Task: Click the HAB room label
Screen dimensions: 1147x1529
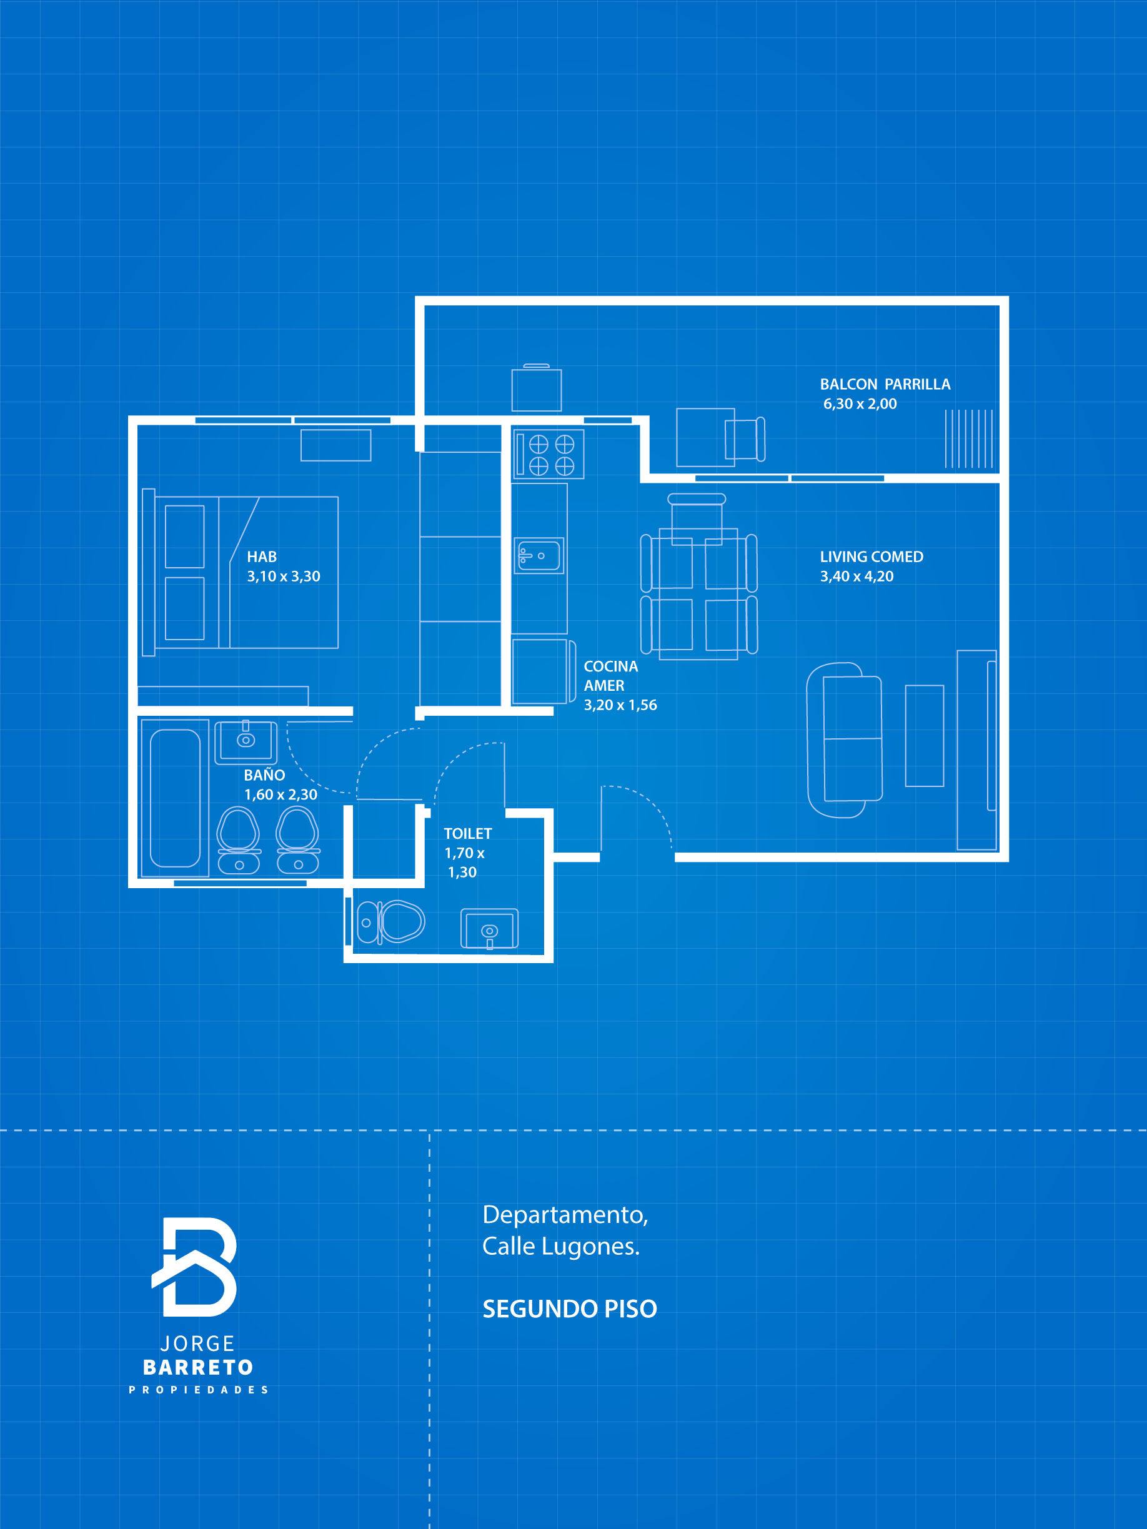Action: [x=261, y=557]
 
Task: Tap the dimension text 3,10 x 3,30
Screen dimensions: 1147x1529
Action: [x=284, y=576]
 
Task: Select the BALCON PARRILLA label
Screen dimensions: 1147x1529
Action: [x=885, y=384]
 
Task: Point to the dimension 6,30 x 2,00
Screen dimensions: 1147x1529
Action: [x=860, y=403]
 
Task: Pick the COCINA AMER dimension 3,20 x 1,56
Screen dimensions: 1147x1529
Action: [x=620, y=705]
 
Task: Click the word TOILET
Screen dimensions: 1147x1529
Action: [x=468, y=834]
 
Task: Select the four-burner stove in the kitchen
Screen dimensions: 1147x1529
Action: [x=549, y=455]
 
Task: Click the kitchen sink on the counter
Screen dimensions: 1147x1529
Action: [x=539, y=556]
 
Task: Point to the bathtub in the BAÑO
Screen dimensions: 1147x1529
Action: [x=175, y=798]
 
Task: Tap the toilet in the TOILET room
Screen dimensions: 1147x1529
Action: [x=390, y=922]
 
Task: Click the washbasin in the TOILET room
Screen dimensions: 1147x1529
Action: [x=490, y=929]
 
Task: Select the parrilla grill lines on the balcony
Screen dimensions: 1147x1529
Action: [x=968, y=439]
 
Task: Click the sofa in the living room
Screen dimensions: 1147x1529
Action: [x=845, y=740]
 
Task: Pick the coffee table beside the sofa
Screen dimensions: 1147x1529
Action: [x=925, y=736]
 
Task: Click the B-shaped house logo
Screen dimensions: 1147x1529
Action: [x=194, y=1267]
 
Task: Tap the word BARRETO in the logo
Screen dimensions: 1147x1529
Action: [x=199, y=1368]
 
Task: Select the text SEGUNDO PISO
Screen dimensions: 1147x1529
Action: [x=570, y=1309]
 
